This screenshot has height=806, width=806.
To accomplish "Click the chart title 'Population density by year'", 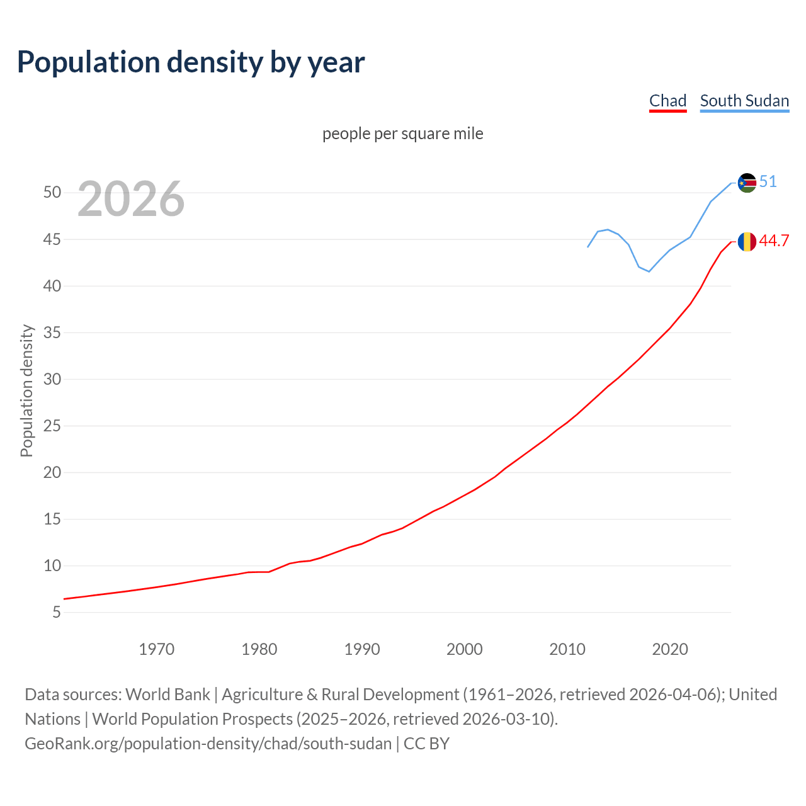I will [191, 62].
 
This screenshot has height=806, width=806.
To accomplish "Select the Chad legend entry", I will [667, 101].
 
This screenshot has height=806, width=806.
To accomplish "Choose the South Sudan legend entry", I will [744, 101].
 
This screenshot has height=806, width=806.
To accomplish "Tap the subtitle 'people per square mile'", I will [402, 133].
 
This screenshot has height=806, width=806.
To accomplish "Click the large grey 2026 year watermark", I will [131, 199].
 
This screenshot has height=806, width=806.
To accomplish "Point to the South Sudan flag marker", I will [747, 183].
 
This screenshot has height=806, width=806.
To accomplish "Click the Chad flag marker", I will [747, 241].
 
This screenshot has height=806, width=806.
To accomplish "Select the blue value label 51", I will [768, 182].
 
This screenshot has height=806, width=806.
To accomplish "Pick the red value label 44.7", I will [774, 241].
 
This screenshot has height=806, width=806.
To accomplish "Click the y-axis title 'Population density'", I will [26, 390].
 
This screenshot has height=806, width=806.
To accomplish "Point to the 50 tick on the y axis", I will [52, 193].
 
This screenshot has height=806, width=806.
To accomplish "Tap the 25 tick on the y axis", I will [52, 426].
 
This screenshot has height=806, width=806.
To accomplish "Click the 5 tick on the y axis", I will [57, 612].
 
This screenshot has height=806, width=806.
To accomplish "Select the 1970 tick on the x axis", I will [156, 649].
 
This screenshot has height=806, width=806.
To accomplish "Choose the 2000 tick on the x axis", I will [464, 649].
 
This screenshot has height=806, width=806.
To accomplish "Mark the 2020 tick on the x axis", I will [669, 649].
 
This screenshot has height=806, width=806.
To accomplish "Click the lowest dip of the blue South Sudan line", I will [649, 271].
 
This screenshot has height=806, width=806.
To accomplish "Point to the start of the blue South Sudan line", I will [588, 247].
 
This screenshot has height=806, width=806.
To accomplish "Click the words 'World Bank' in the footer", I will [167, 695].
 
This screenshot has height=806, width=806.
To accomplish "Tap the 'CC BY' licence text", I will [426, 744].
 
